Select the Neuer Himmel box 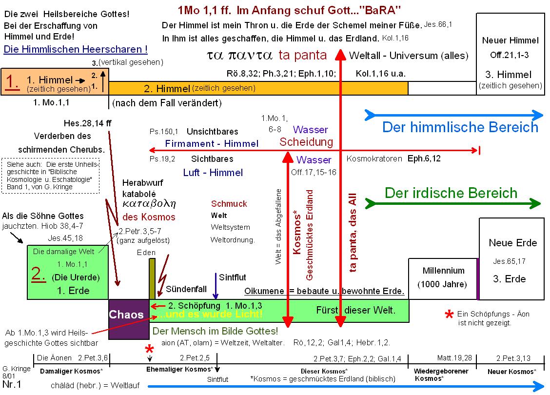coord(510,54)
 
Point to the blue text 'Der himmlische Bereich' coord(460,127)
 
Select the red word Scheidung coord(306,142)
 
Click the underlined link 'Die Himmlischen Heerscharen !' coord(76,49)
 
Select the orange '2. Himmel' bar coord(258,88)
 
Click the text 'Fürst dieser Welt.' coord(356,310)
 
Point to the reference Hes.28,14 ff coord(88,123)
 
